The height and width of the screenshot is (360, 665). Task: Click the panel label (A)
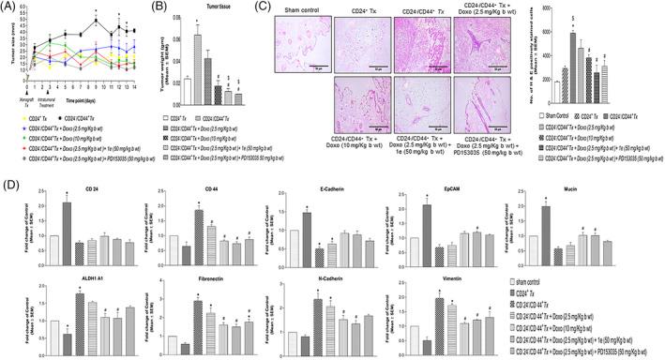10,8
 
